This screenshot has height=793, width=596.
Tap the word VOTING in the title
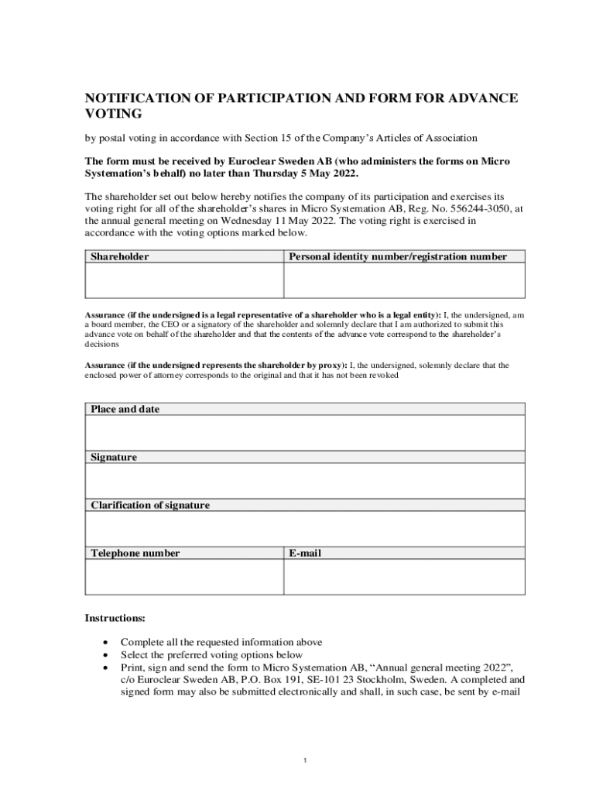(113, 114)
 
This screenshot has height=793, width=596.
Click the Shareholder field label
(120, 256)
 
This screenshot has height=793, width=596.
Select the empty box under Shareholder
(183, 280)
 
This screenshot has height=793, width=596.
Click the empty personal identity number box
(404, 280)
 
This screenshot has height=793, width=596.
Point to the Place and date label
(125, 409)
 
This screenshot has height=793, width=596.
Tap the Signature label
(114, 457)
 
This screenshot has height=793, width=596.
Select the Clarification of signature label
(150, 505)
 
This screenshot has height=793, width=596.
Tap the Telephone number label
(135, 553)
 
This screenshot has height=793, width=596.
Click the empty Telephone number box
(183, 577)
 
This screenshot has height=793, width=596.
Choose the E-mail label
(305, 553)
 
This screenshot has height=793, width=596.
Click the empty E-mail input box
(404, 577)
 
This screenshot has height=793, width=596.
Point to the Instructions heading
(115, 619)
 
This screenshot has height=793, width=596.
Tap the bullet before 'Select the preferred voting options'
(105, 655)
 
